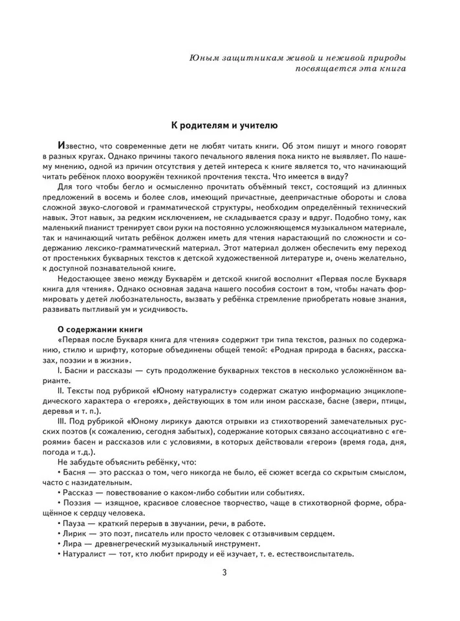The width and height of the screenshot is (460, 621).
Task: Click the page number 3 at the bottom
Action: click(225, 572)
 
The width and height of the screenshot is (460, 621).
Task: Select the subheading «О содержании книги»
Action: click(96, 329)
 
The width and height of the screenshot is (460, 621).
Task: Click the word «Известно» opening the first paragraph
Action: click(78, 146)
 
